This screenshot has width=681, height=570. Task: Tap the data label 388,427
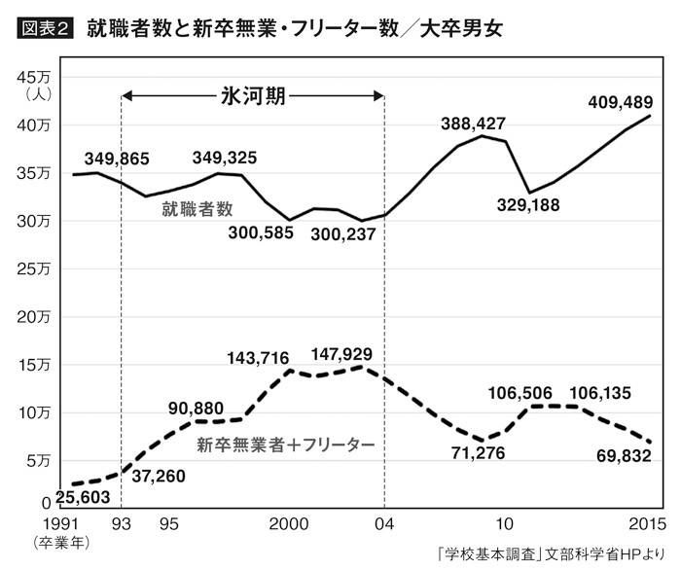coord(475,125)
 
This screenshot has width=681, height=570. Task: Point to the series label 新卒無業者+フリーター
coord(284,445)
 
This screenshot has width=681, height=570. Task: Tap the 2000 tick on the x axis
coord(288,522)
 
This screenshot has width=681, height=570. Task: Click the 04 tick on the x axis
coord(385,522)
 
